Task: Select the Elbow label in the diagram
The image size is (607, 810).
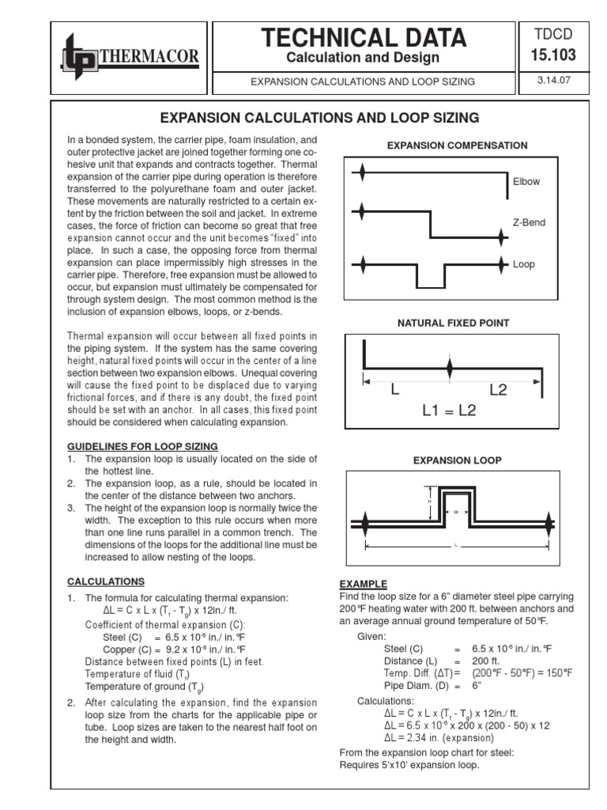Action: coord(526,181)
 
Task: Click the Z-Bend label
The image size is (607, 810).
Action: coord(529,222)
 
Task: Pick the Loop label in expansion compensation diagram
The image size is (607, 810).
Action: coord(523,264)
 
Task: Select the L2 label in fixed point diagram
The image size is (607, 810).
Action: coord(503,390)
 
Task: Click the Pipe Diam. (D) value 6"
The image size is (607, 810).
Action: coord(478,686)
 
